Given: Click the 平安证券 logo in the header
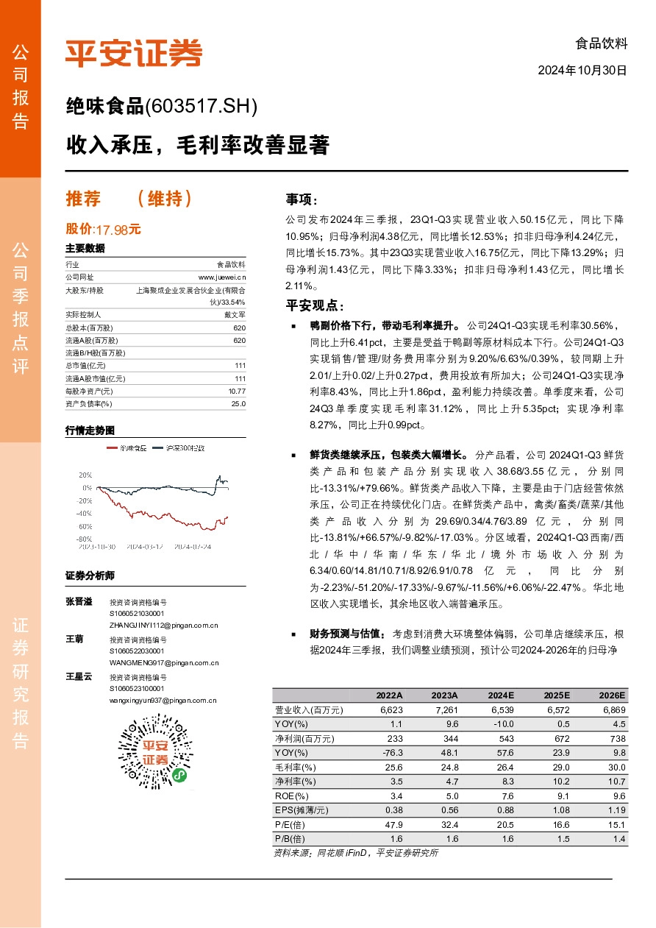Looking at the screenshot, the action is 134,52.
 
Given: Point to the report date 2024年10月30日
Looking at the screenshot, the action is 582,71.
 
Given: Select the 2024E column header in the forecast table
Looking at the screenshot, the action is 500,695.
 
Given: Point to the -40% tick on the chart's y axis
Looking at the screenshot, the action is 85,513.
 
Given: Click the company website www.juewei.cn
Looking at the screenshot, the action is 222,277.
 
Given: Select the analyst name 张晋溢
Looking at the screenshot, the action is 79,602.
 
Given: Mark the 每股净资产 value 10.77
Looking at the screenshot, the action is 237,392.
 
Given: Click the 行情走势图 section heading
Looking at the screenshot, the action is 90,430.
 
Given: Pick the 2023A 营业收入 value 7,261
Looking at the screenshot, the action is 446,710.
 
